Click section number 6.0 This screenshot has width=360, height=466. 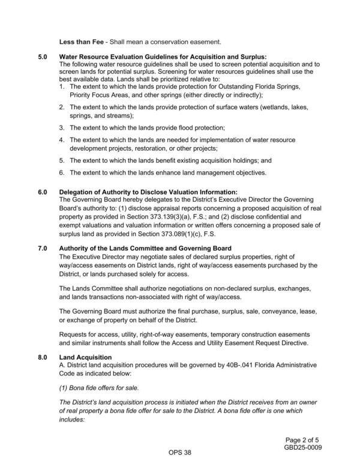coord(43,192)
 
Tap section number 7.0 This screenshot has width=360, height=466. coord(43,249)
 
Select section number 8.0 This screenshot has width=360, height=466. coord(43,357)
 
